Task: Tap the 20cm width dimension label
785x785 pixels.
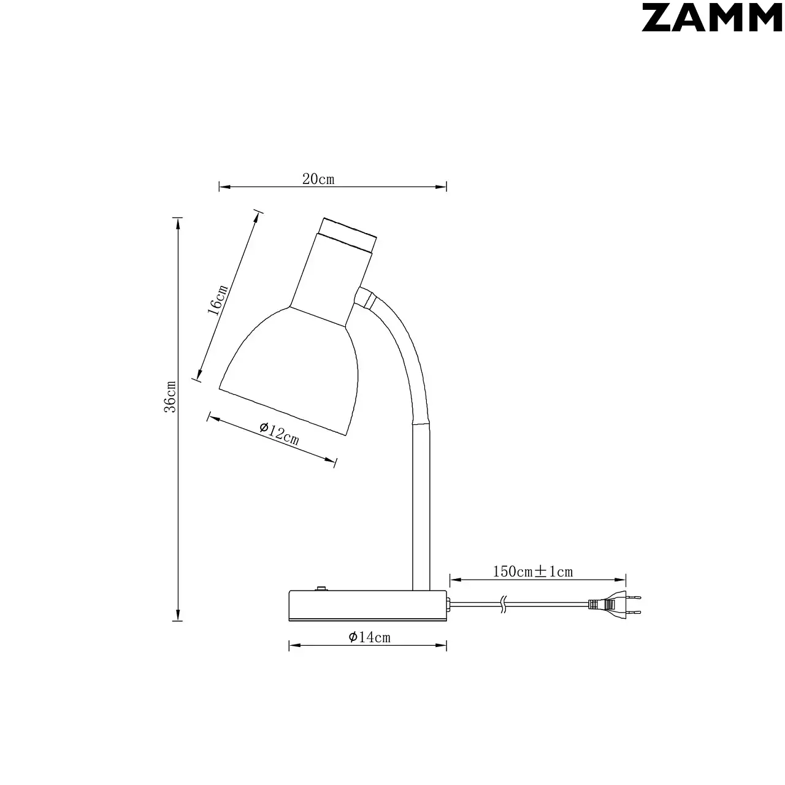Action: (318, 179)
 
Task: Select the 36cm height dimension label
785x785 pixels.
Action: (170, 397)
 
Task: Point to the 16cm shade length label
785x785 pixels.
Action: (218, 300)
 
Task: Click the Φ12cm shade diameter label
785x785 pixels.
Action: (280, 433)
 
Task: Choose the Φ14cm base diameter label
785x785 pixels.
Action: (369, 637)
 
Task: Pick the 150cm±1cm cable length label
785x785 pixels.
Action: (533, 572)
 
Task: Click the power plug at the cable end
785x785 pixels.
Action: (615, 605)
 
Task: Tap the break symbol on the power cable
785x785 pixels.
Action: (504, 605)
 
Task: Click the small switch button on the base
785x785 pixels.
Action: (321, 588)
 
